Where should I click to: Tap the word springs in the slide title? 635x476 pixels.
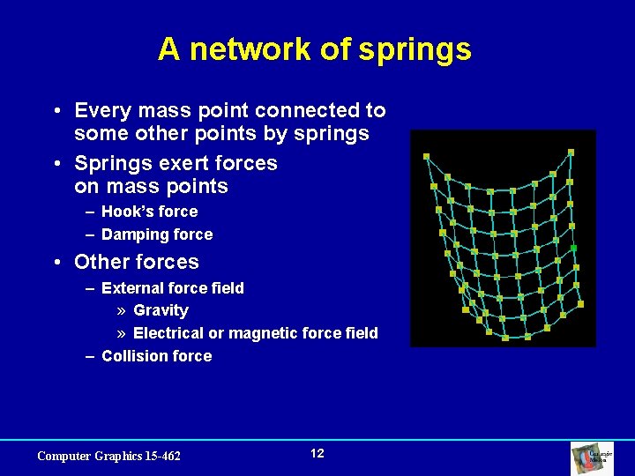pos(415,51)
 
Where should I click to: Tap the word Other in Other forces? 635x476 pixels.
pos(101,262)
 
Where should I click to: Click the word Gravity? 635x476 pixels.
pos(161,310)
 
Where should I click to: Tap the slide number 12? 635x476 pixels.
pos(317,453)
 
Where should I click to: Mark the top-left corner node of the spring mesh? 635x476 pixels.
pos(426,156)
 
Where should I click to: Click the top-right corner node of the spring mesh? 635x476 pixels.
pos(571,152)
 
